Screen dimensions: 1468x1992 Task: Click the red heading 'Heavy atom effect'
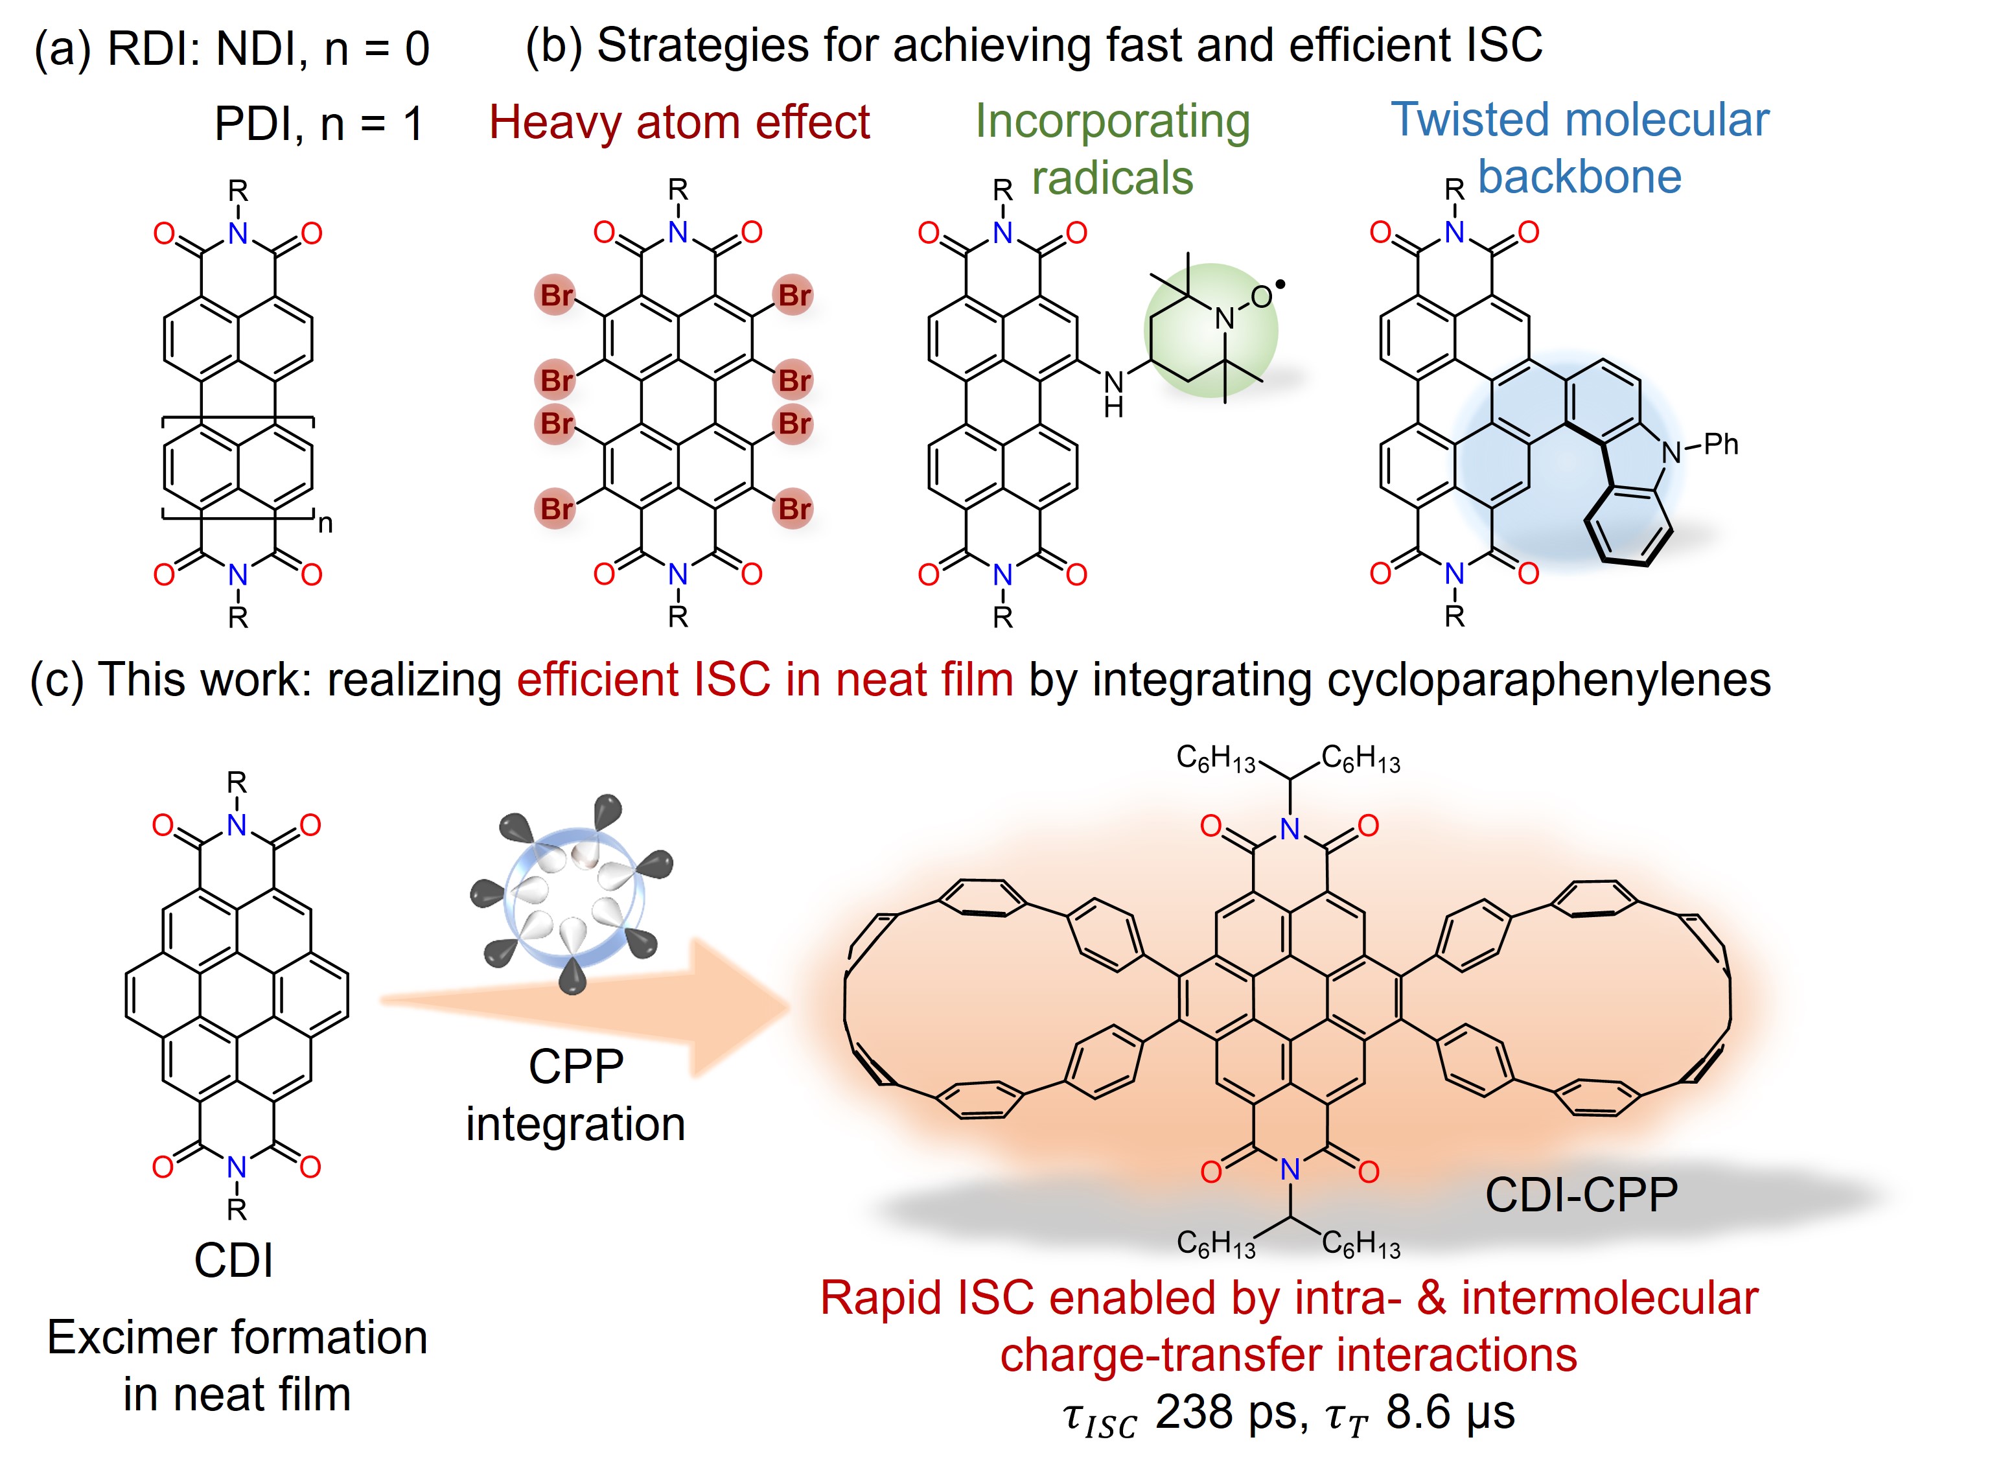pyautogui.click(x=679, y=122)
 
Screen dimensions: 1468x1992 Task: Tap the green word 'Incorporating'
pyautogui.click(x=1113, y=122)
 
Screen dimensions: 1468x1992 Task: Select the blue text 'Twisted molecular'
pyautogui.click(x=1580, y=120)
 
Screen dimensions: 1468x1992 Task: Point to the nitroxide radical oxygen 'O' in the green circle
pyautogui.click(x=1262, y=297)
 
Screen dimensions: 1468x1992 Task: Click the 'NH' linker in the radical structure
pyautogui.click(x=1113, y=393)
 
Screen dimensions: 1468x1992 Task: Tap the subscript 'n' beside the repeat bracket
pyautogui.click(x=325, y=524)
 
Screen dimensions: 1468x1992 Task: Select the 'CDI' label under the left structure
pyautogui.click(x=234, y=1260)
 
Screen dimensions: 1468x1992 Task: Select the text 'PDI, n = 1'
pyautogui.click(x=318, y=124)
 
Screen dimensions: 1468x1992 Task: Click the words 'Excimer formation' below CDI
pyautogui.click(x=237, y=1337)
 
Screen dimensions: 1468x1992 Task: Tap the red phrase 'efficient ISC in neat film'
pyautogui.click(x=765, y=680)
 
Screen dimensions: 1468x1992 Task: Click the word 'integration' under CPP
pyautogui.click(x=575, y=1124)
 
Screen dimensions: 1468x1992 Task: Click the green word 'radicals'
pyautogui.click(x=1113, y=178)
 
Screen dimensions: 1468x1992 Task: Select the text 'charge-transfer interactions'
pyautogui.click(x=1288, y=1355)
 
